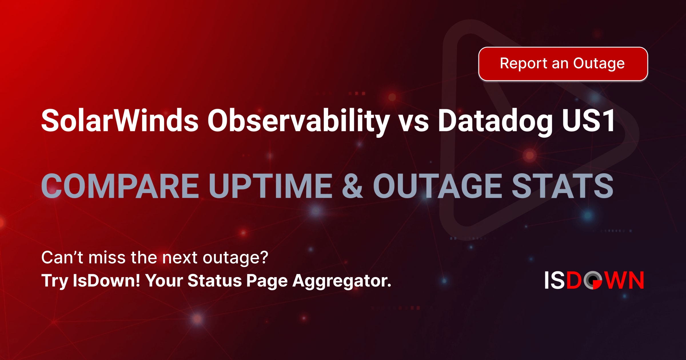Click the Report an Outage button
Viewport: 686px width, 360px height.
[563, 64]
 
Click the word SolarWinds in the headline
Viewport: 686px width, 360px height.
[119, 121]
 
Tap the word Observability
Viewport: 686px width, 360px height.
[298, 121]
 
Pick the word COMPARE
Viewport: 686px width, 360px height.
[120, 186]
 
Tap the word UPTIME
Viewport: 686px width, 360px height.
[270, 186]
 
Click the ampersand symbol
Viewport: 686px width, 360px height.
[352, 186]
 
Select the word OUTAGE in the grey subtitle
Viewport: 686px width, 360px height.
[437, 186]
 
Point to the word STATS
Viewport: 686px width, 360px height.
[562, 186]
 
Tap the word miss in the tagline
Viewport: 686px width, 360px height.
[107, 257]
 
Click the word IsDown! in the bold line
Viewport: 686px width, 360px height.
[106, 281]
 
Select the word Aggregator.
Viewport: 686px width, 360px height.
[342, 281]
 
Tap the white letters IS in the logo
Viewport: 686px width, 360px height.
[555, 280]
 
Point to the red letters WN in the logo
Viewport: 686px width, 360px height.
[625, 280]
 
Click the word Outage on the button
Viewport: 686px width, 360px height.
[599, 64]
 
